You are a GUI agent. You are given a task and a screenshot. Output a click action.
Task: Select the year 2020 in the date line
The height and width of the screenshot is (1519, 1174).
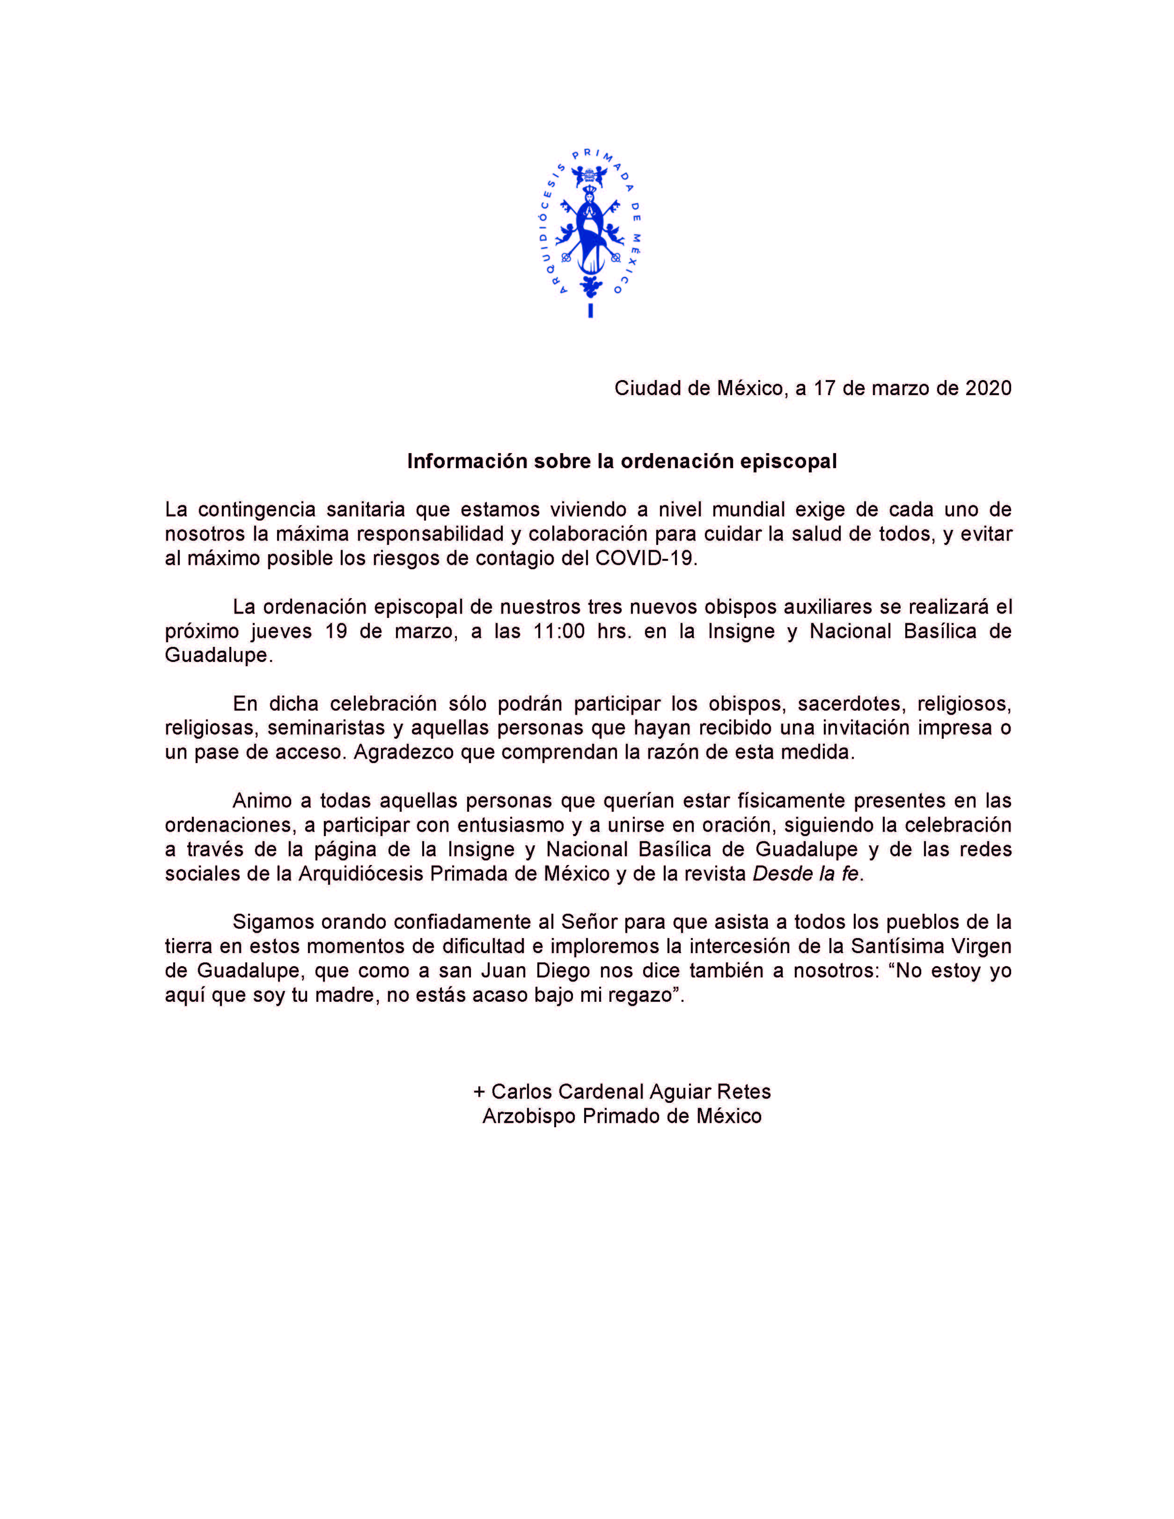tap(988, 388)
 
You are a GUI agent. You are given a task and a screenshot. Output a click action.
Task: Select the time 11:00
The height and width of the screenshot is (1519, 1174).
tap(559, 631)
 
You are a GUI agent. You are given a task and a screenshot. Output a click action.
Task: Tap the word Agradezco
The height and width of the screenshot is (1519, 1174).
tap(404, 753)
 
